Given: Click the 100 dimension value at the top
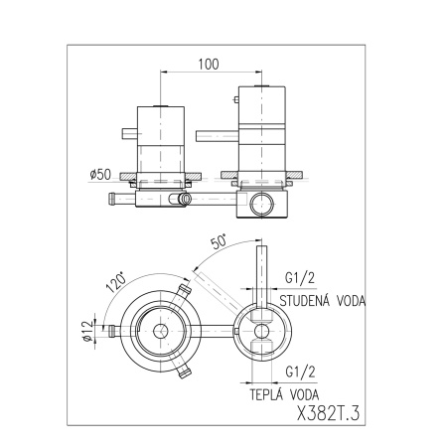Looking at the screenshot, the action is click(x=209, y=65).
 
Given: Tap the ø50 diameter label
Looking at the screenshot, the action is click(x=100, y=175).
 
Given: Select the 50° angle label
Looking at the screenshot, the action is click(x=219, y=241).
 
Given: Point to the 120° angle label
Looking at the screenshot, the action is click(x=116, y=282).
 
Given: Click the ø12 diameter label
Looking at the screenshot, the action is click(x=87, y=331).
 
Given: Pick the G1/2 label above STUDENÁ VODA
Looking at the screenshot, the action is click(x=300, y=278).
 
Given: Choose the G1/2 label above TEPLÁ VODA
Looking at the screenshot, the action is click(x=300, y=372).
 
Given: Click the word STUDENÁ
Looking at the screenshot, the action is click(x=305, y=301).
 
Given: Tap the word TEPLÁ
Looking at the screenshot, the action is click(x=267, y=394).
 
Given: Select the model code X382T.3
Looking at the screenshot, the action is click(x=328, y=413).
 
